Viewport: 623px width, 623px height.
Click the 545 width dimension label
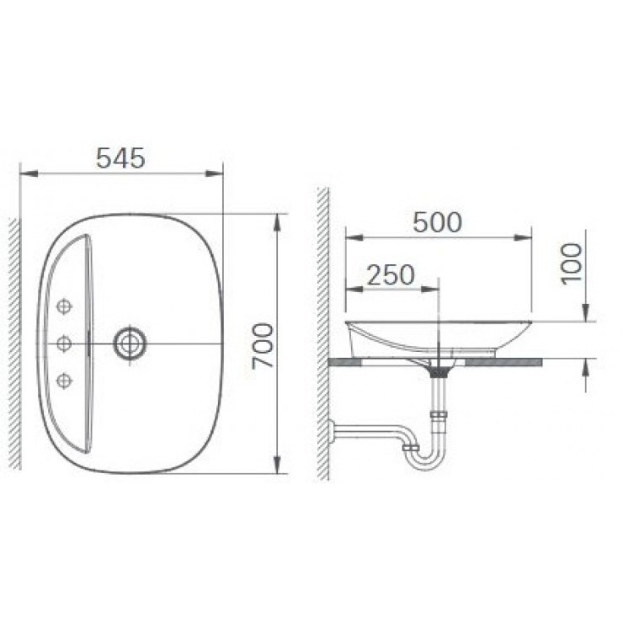tap(120, 157)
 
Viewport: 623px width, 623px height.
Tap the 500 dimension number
tap(437, 222)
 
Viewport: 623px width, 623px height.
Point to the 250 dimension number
tap(391, 274)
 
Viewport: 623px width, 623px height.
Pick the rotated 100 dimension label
tap(572, 264)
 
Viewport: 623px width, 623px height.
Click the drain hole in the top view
tap(130, 343)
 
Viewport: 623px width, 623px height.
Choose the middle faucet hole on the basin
tap(64, 343)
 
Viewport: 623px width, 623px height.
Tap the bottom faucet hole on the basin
tap(64, 381)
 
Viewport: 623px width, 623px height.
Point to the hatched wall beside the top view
tap(13, 343)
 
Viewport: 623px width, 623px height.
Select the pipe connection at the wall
tap(333, 431)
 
